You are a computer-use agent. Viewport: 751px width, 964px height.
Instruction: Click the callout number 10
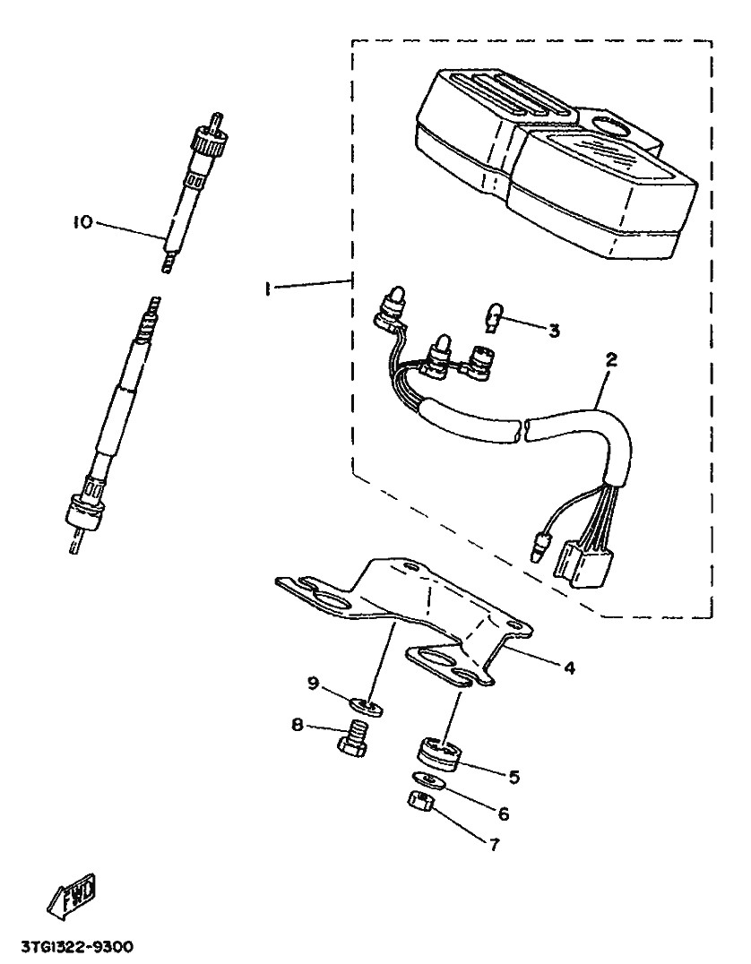(x=82, y=220)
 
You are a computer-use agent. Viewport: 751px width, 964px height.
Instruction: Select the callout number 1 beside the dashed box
(x=267, y=287)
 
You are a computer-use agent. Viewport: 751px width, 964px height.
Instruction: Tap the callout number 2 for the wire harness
(x=612, y=362)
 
